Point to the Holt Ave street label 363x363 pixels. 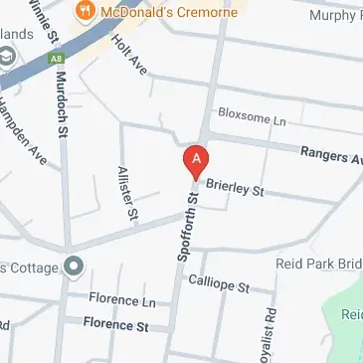coord(129,56)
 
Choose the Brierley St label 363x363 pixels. coord(235,188)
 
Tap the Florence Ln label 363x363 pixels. coord(121,300)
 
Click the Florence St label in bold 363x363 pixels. coord(115,324)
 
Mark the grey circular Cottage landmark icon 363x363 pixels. coord(72,266)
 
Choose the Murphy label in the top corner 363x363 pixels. coord(334,15)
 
